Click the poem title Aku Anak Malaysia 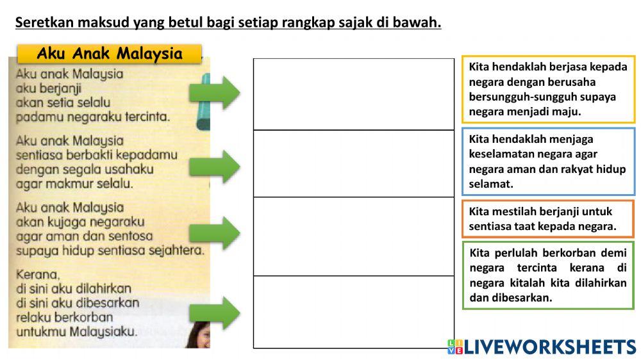click(x=110, y=54)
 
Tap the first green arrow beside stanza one click(x=214, y=94)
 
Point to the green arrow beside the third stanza click(x=214, y=232)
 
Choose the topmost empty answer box click(x=353, y=94)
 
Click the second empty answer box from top click(x=353, y=163)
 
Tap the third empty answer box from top click(x=353, y=236)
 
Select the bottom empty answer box click(x=353, y=312)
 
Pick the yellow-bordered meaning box click(x=548, y=89)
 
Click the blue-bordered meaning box click(x=548, y=161)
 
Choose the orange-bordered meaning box click(x=548, y=219)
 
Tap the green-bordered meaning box click(x=548, y=275)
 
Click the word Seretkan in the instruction click(x=43, y=22)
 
